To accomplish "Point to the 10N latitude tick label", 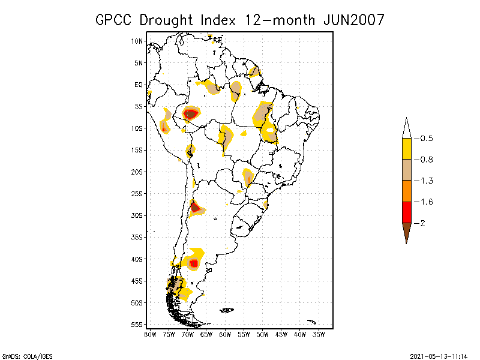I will pos(137,41).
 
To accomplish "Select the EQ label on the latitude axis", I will pos(139,85).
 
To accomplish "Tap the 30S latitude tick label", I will pos(137,215).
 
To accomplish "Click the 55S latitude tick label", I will pos(137,325).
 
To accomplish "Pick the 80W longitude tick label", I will pos(150,334).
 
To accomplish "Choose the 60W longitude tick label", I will pos(226,334).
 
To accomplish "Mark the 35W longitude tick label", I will pos(319,334).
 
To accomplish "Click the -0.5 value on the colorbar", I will pos(426,139).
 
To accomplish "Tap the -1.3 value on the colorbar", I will pos(426,181).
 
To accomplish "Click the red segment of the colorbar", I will pos(407,212).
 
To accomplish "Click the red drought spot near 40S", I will pos(193,263).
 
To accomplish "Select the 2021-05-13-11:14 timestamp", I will pos(439,355).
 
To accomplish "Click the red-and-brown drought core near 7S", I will pos(191,113).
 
